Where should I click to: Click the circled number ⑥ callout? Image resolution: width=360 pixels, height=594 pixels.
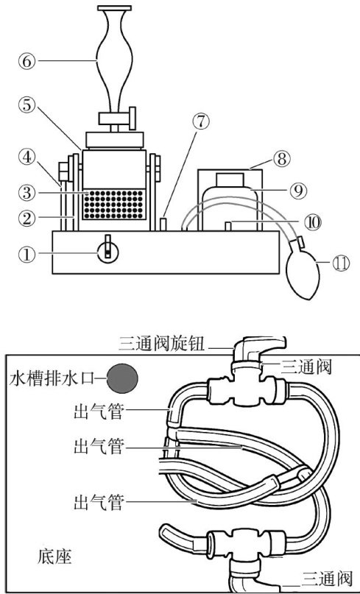pyautogui.click(x=27, y=60)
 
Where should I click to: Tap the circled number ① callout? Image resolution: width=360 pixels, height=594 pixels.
pyautogui.click(x=27, y=254)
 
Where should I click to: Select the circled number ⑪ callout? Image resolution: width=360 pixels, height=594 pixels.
pyautogui.click(x=341, y=264)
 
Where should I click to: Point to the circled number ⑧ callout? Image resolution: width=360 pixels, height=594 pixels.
pyautogui.click(x=281, y=159)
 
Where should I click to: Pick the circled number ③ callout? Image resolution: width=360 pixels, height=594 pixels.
pyautogui.click(x=27, y=192)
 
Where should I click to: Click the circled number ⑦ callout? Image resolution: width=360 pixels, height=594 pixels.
pyautogui.click(x=200, y=121)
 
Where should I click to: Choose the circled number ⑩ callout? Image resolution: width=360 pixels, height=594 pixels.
pyautogui.click(x=313, y=222)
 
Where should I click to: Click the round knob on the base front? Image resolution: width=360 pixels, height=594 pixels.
pyautogui.click(x=108, y=252)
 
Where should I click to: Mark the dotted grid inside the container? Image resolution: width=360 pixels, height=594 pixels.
pyautogui.click(x=114, y=205)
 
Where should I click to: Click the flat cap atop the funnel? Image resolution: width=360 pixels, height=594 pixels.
pyautogui.click(x=114, y=8)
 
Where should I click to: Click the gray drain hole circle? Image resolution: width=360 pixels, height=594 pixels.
pyautogui.click(x=122, y=378)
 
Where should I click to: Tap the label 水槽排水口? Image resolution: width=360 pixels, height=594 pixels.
pyautogui.click(x=51, y=378)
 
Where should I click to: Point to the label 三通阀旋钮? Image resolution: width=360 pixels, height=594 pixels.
pyautogui.click(x=161, y=344)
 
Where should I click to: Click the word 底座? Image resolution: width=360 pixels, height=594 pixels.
pyautogui.click(x=54, y=557)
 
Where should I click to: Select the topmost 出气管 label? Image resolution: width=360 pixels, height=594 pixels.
pyautogui.click(x=99, y=411)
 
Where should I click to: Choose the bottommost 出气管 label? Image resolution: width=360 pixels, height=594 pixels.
pyautogui.click(x=99, y=503)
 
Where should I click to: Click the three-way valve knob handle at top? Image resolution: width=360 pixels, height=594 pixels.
pyautogui.click(x=258, y=349)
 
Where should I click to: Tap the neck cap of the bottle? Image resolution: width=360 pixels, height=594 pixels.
pyautogui.click(x=230, y=179)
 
